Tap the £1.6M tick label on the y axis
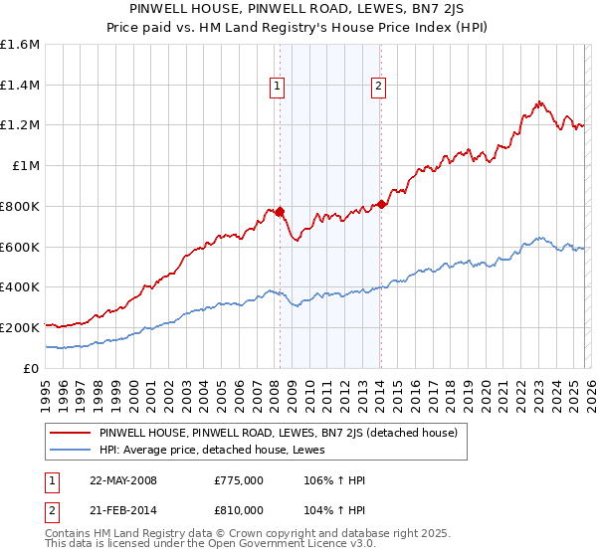coord(20,45)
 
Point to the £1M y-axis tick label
coord(25,166)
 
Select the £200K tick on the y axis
coord(20,327)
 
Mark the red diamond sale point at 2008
coord(280,211)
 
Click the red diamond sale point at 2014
coord(381,204)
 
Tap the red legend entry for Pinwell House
coord(278,433)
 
